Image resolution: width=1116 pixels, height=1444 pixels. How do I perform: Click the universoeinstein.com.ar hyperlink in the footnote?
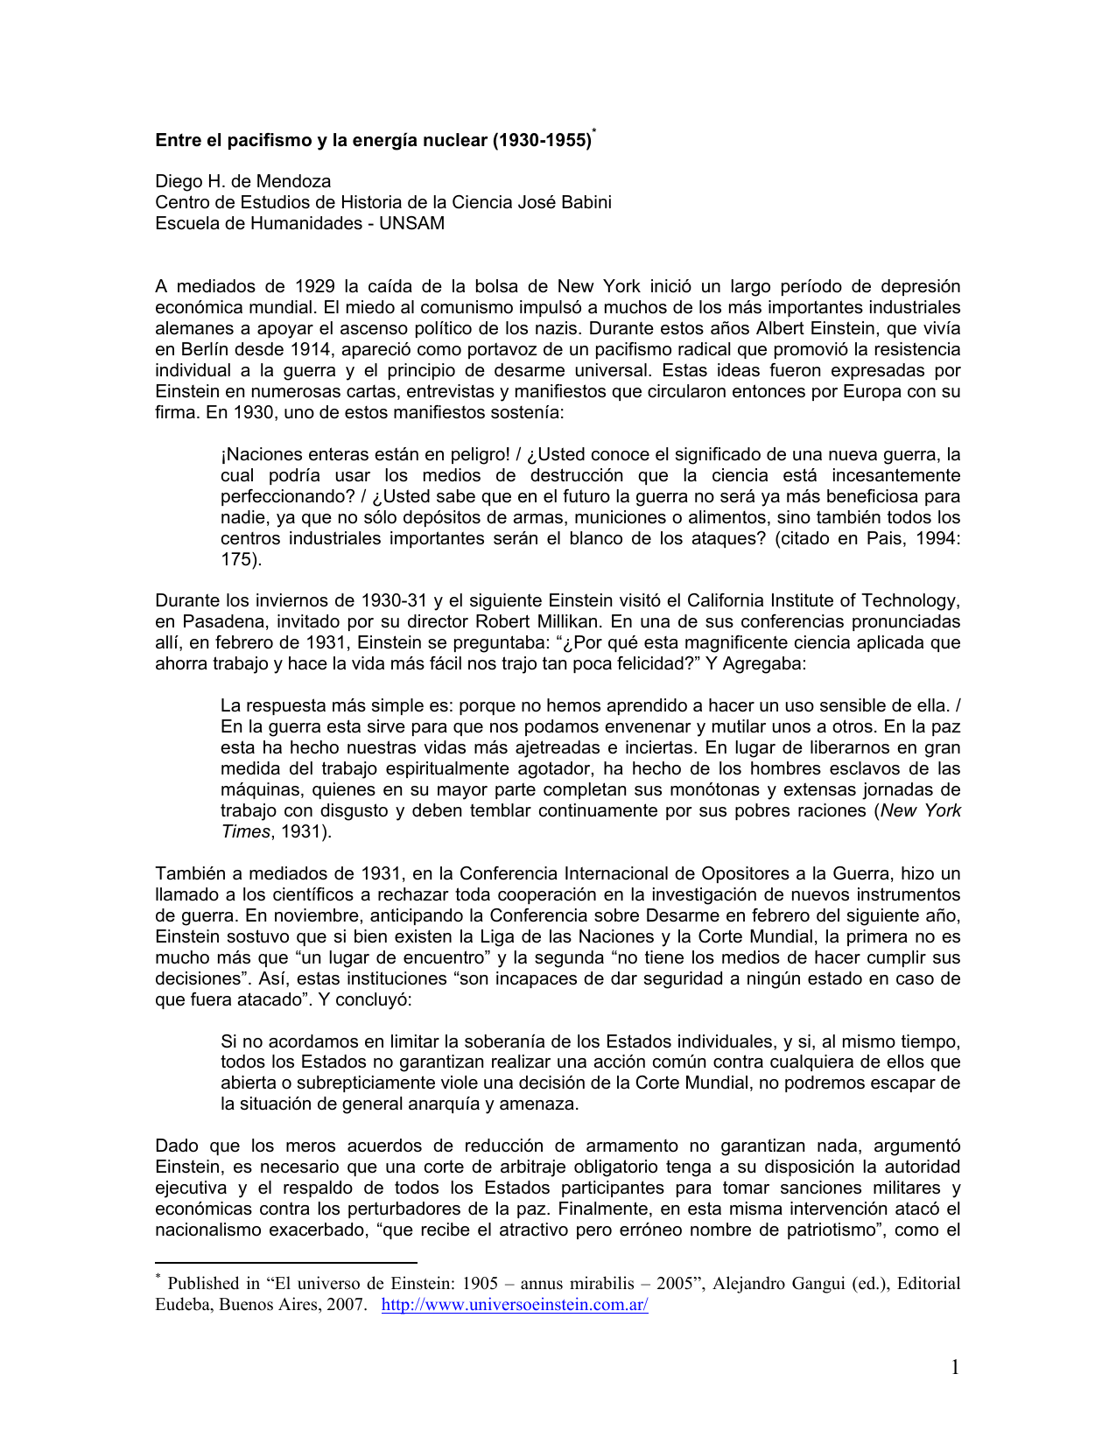(x=515, y=1305)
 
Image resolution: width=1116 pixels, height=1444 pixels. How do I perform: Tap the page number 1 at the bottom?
(x=955, y=1367)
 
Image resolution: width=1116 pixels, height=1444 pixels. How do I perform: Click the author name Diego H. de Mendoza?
(x=243, y=181)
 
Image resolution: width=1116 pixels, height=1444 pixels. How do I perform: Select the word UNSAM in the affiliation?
(x=411, y=223)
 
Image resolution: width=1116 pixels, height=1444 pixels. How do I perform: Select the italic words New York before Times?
(x=921, y=810)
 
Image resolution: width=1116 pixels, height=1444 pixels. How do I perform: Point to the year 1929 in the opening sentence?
(x=315, y=286)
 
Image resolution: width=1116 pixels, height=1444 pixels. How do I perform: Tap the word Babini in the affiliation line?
(x=585, y=202)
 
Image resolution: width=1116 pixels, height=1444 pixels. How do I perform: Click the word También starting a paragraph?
(x=191, y=873)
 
